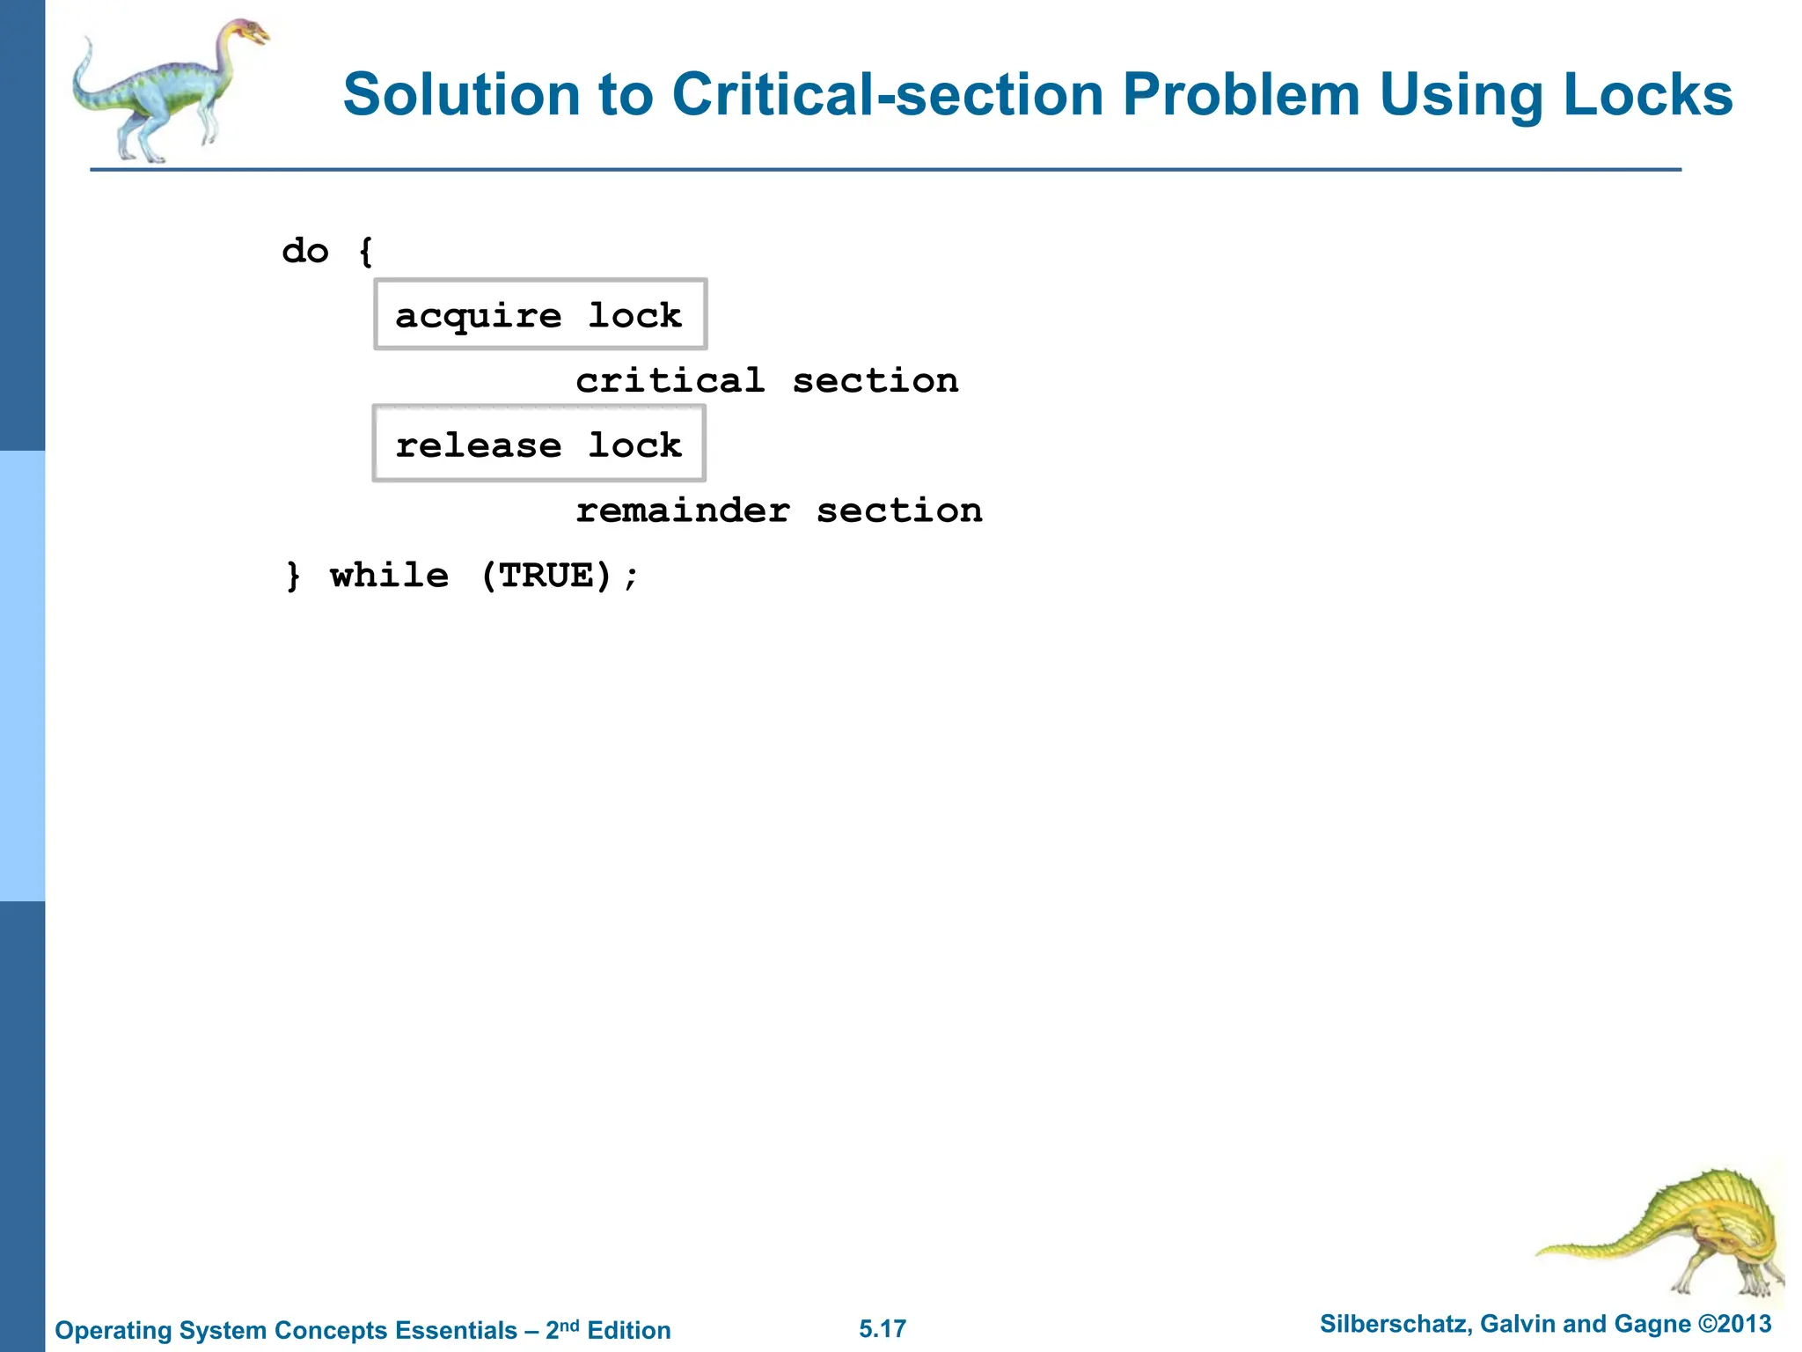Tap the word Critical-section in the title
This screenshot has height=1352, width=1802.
[x=887, y=95]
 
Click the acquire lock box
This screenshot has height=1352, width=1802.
[x=539, y=315]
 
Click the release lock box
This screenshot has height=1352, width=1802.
[x=538, y=445]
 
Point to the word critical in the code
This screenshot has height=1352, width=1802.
[x=670, y=381]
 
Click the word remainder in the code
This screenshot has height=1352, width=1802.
[x=683, y=511]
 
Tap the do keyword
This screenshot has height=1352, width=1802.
[x=305, y=252]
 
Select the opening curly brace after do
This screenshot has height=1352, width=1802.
[x=366, y=252]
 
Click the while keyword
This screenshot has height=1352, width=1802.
[x=389, y=576]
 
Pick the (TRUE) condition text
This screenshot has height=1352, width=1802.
[x=546, y=576]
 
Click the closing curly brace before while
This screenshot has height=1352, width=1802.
[x=293, y=576]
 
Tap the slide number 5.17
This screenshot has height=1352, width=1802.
[x=883, y=1329]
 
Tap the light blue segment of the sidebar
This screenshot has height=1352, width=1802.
[x=22, y=676]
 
